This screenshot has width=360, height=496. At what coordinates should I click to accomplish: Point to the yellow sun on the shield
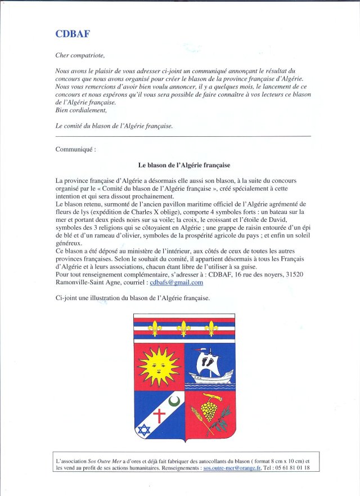pos(159,367)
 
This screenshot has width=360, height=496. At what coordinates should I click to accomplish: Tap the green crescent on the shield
pos(175,401)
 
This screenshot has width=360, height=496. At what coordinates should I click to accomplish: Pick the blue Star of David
pos(143,431)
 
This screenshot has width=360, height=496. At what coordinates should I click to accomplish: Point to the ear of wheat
pos(197,420)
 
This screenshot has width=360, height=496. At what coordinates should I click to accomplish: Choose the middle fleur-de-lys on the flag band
pos(183,328)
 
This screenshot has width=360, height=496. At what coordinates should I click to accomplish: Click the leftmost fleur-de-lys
pos(155,328)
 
